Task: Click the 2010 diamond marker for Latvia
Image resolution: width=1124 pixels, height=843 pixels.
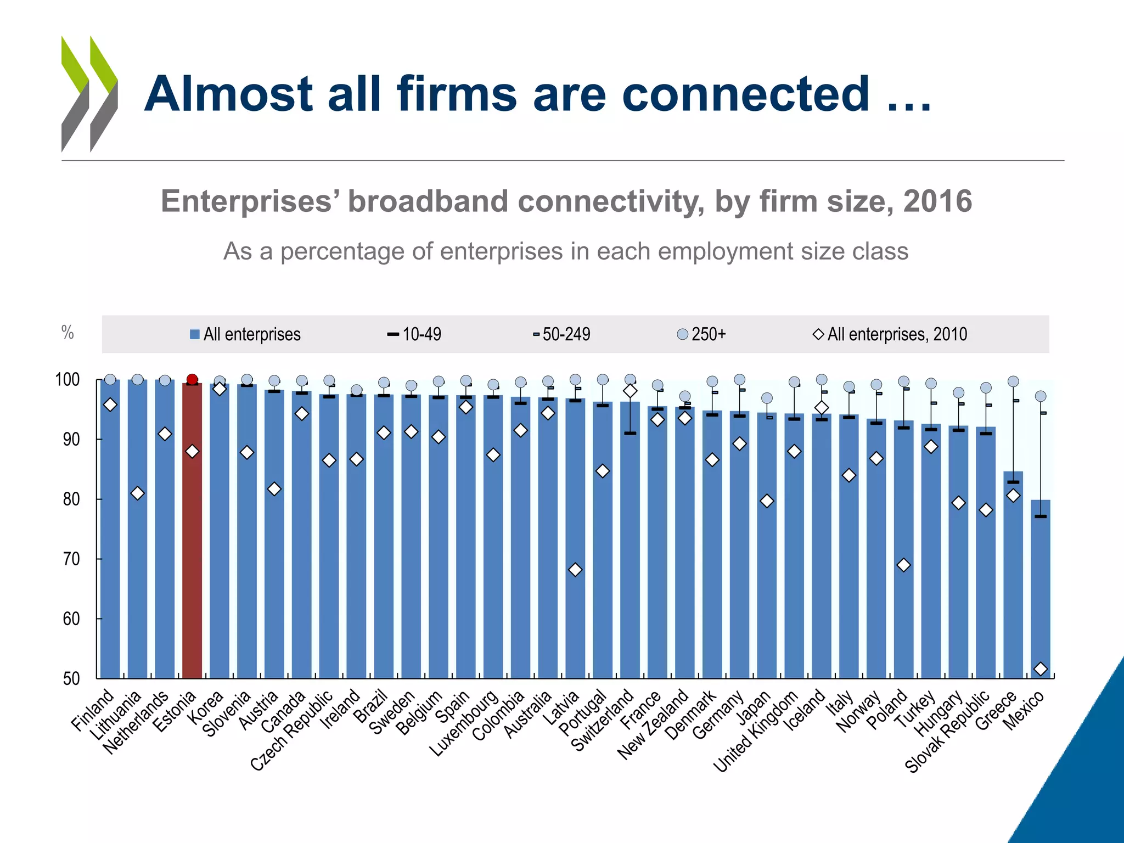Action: click(575, 570)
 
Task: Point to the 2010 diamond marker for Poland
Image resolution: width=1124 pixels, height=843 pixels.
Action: click(904, 565)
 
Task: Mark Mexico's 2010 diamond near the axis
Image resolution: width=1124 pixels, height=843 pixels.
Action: click(1041, 668)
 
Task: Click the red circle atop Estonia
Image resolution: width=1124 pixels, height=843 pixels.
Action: click(192, 379)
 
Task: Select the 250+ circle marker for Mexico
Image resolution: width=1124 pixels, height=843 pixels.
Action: click(1041, 396)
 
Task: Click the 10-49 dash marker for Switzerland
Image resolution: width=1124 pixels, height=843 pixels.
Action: click(630, 433)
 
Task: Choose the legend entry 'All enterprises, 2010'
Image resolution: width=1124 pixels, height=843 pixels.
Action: click(890, 334)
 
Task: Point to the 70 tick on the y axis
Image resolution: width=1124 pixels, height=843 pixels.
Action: click(71, 559)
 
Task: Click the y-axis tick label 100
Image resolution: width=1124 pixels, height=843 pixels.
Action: click(68, 380)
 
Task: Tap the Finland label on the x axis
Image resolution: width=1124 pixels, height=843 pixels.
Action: click(93, 710)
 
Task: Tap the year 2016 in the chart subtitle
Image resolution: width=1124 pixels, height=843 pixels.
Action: click(937, 201)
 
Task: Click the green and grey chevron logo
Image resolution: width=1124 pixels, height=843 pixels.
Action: click(89, 94)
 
